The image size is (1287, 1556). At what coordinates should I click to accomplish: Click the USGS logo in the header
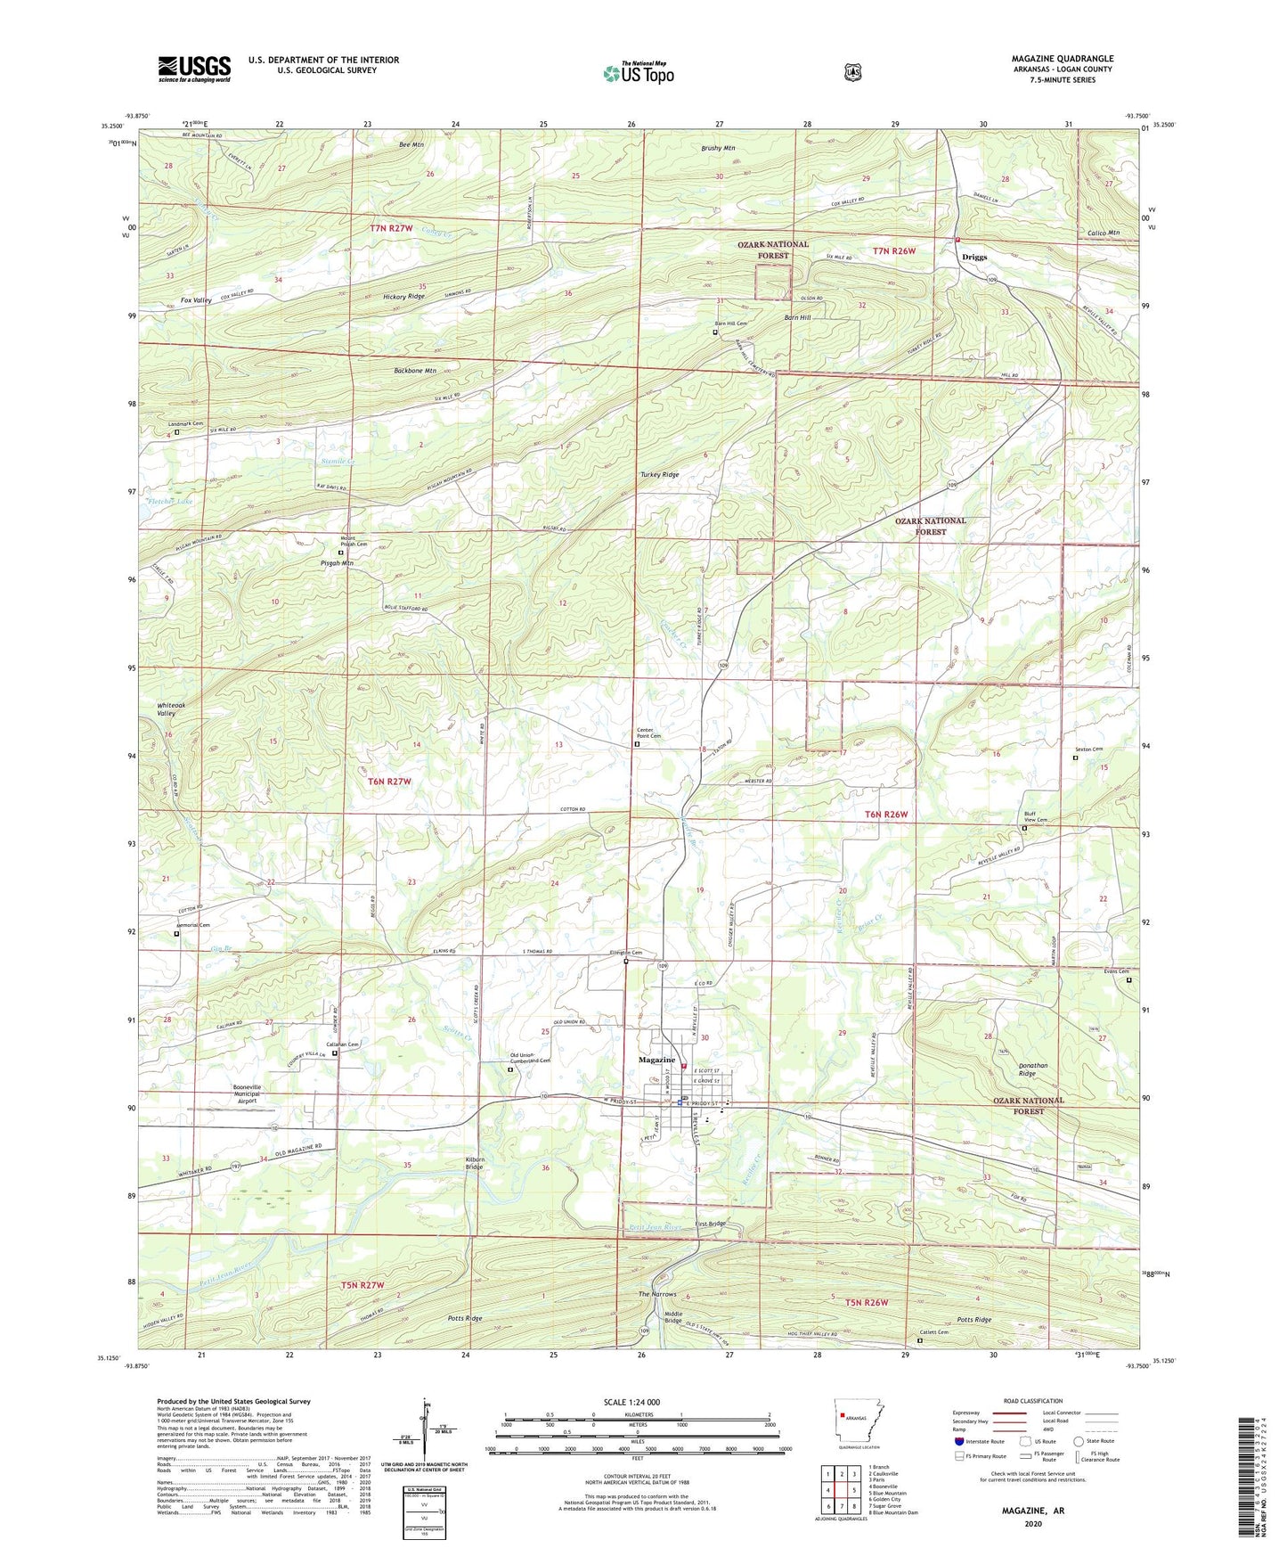(x=194, y=69)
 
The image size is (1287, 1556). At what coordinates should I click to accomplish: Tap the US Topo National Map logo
(x=638, y=72)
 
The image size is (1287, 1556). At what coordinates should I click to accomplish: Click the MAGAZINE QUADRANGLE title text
(x=1062, y=59)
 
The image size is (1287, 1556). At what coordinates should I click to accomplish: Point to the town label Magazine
(x=656, y=1060)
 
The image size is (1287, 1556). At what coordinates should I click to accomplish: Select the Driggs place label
(x=974, y=257)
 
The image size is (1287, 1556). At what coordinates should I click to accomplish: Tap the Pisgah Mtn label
(x=337, y=563)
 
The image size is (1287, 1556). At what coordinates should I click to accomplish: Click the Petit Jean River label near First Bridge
(x=655, y=1227)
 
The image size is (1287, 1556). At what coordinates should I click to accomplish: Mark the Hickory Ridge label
(x=403, y=296)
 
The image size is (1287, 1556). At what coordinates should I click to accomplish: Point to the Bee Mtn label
(x=411, y=144)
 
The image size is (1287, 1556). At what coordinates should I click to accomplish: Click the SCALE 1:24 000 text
(x=638, y=1403)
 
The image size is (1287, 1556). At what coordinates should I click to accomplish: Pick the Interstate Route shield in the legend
(x=958, y=1441)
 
